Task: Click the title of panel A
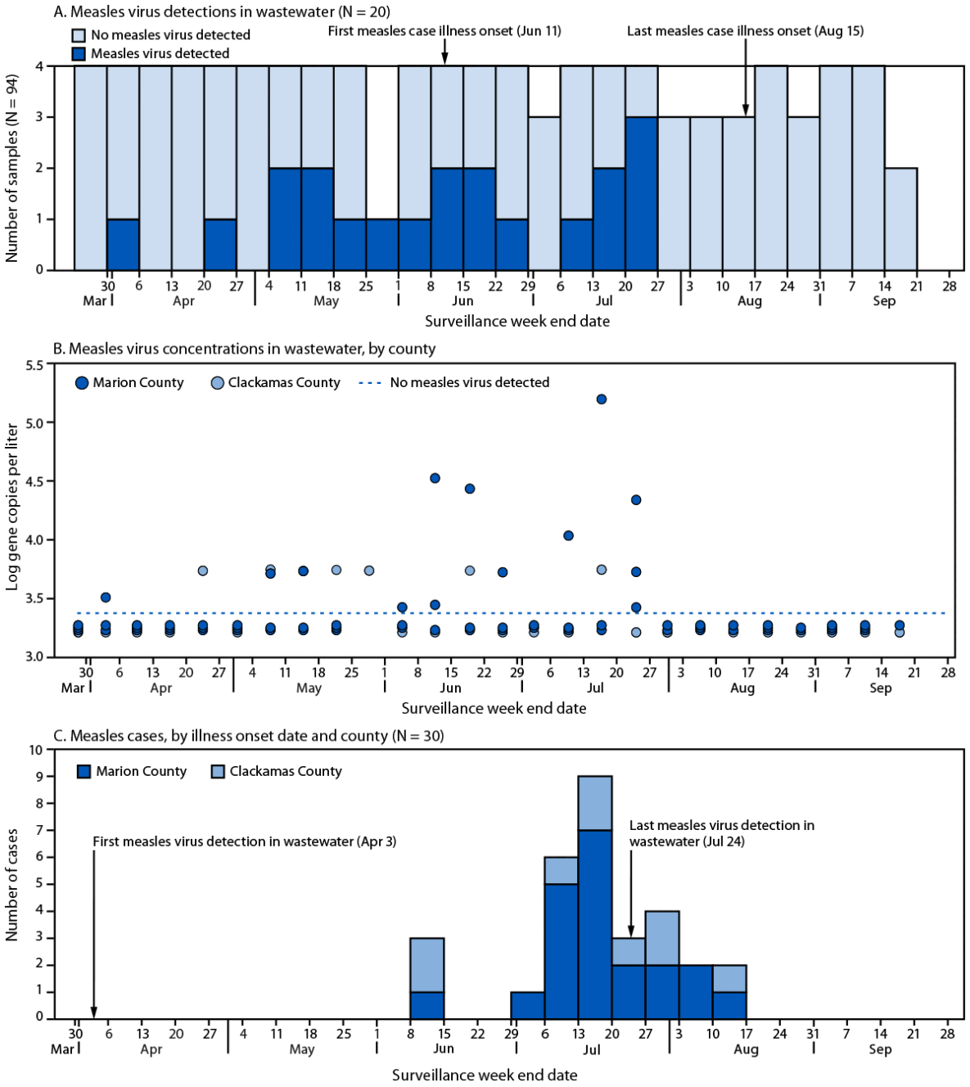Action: pyautogui.click(x=221, y=11)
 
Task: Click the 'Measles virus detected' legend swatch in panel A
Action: pyautogui.click(x=79, y=54)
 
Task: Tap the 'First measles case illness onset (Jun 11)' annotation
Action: pyautogui.click(x=444, y=31)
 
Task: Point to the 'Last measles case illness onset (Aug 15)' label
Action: pyautogui.click(x=745, y=31)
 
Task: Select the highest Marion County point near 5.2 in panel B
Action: pyautogui.click(x=602, y=399)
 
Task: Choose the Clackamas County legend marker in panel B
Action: pyautogui.click(x=217, y=383)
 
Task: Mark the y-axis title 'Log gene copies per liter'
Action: pyautogui.click(x=12, y=507)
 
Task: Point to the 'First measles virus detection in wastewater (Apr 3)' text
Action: pyautogui.click(x=244, y=841)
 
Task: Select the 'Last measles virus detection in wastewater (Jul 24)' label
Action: pyautogui.click(x=721, y=833)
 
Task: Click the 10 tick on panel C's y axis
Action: pyautogui.click(x=35, y=750)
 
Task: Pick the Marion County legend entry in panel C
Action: pyautogui.click(x=131, y=772)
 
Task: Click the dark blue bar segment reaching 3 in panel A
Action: pyautogui.click(x=642, y=193)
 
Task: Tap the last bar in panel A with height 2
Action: pyautogui.click(x=900, y=219)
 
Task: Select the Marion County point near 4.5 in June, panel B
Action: pyautogui.click(x=435, y=478)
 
